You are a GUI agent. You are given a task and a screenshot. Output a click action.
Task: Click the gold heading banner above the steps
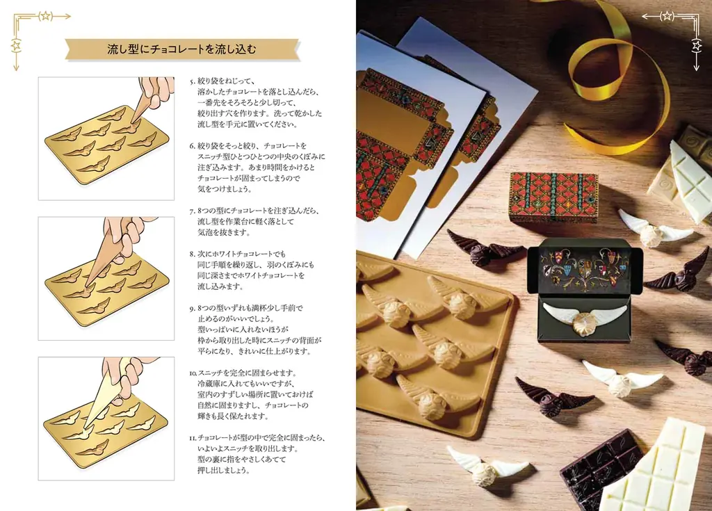(182, 49)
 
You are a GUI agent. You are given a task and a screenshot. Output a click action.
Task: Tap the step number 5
(192, 81)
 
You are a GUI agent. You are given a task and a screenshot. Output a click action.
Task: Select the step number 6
(192, 146)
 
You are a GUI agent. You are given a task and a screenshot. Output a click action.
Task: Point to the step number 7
(192, 210)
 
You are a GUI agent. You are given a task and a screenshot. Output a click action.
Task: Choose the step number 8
(192, 254)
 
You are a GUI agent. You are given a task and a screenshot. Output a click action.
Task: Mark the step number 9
(192, 307)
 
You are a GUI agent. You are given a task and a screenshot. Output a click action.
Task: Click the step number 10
(193, 373)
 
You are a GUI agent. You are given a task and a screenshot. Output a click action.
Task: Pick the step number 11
(193, 438)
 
